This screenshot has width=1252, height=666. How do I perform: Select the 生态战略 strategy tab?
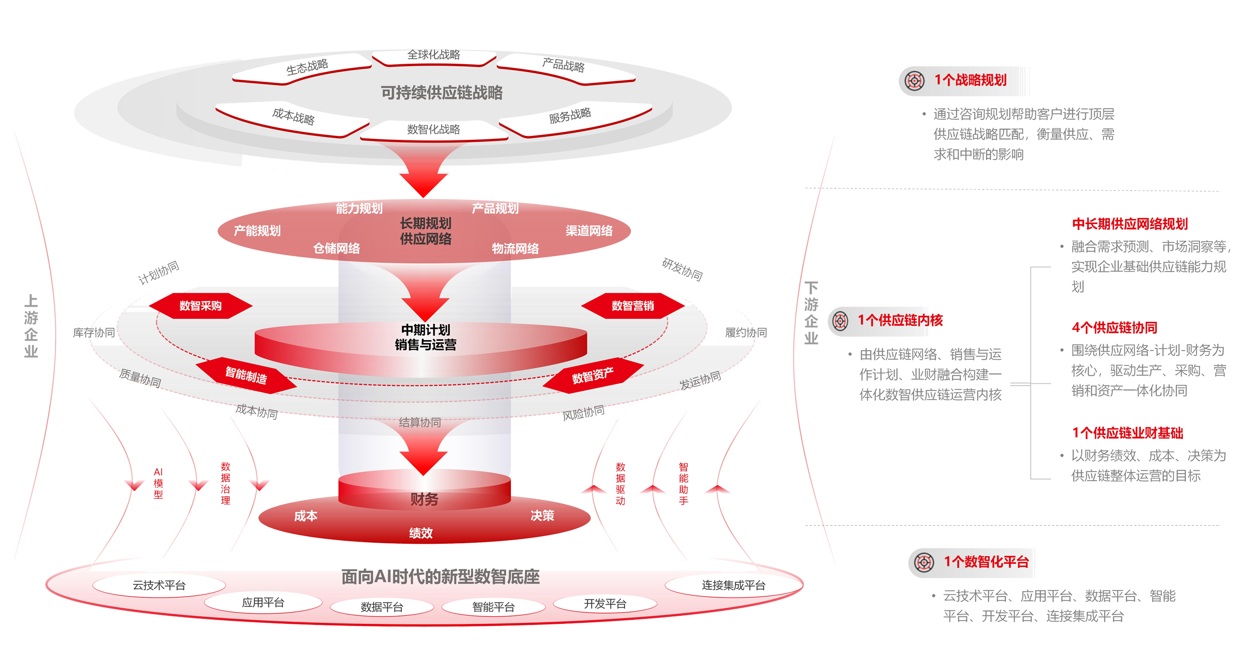coord(306,68)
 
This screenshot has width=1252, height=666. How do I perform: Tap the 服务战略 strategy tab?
coord(570,116)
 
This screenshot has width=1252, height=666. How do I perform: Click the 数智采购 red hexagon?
coord(200,306)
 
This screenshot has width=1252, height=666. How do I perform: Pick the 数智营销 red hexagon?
coord(633,306)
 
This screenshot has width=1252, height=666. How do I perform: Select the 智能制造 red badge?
coord(246,375)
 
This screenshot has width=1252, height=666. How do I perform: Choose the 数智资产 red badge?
coord(592,375)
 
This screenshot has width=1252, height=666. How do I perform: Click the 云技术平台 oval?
coord(159,585)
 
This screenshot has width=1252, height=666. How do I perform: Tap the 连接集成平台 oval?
coord(733,585)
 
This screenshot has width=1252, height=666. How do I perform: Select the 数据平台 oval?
coord(382,607)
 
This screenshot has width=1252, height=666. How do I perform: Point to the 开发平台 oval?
coord(605,604)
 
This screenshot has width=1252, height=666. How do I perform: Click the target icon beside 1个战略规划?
coord(914,81)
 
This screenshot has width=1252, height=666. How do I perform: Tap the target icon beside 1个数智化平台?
coord(924,562)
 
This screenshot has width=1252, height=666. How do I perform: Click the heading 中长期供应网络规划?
coord(1130,224)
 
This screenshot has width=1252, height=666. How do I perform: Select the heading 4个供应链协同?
coord(1114,328)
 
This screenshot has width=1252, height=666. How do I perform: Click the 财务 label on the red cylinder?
coord(424,499)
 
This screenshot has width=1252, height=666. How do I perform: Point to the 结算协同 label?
coord(420,422)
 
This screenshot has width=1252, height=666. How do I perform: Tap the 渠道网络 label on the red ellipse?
coord(589,231)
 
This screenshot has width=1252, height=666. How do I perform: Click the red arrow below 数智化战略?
coord(424,173)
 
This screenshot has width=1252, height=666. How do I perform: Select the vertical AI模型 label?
coord(158,483)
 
